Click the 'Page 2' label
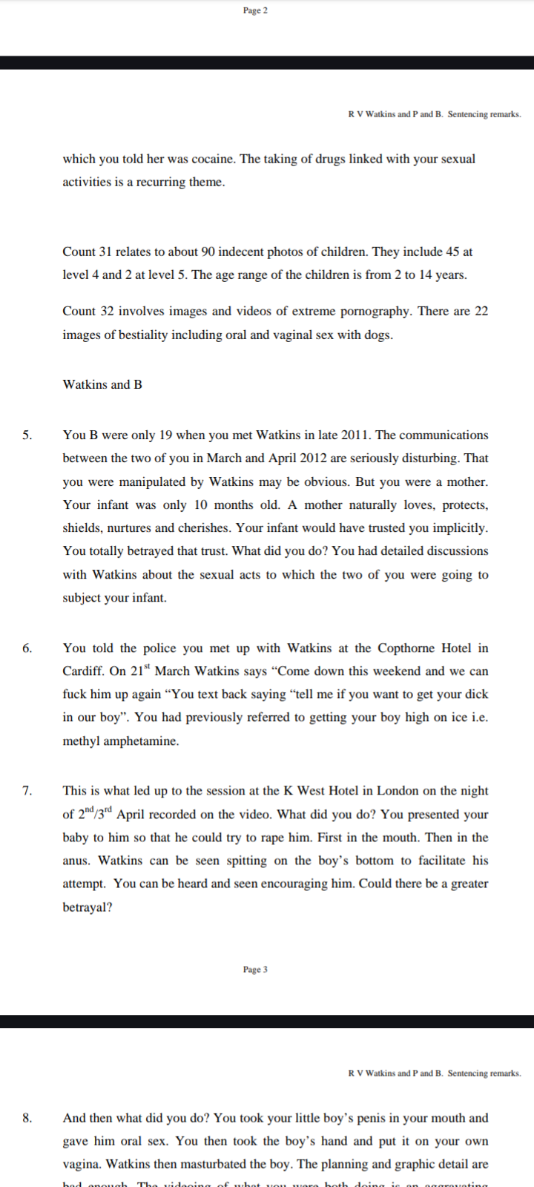pos(255,10)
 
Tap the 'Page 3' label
pos(255,970)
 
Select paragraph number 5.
pos(27,435)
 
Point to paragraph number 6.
pos(27,648)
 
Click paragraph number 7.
pos(27,791)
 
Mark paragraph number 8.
pos(27,1118)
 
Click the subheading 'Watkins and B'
pos(102,384)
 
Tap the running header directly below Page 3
pos(434,1073)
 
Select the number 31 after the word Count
pos(107,251)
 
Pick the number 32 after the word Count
pos(107,312)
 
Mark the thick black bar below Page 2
pos(267,62)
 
